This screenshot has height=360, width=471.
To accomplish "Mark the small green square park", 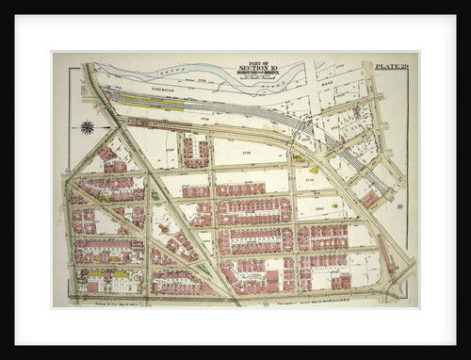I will pos(154,195).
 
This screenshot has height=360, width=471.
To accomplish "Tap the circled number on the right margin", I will pos(400,205).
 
